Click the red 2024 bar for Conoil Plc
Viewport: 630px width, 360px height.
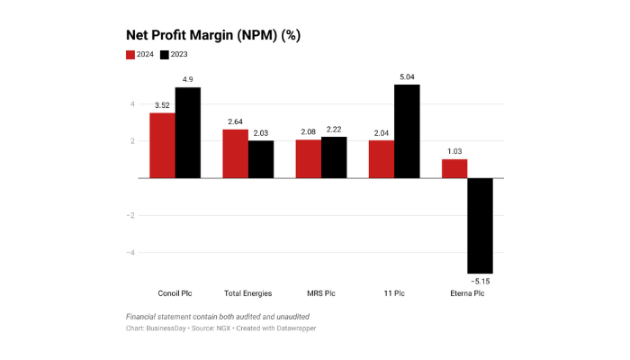(x=162, y=145)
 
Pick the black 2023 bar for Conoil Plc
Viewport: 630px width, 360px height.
(x=188, y=132)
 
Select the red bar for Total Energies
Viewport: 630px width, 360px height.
(x=236, y=154)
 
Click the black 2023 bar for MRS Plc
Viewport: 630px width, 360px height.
(x=334, y=157)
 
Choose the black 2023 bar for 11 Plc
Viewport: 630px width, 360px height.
(x=407, y=131)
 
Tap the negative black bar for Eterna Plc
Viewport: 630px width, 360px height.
(x=480, y=225)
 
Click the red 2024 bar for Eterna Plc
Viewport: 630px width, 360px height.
(x=454, y=168)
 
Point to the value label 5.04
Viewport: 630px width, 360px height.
(x=407, y=77)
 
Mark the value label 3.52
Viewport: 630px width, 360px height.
(x=162, y=105)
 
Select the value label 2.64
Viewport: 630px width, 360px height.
(x=236, y=121)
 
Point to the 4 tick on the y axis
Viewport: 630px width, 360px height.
(x=132, y=104)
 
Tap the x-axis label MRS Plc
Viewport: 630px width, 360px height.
(x=321, y=293)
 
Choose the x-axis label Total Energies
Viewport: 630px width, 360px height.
(x=248, y=293)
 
